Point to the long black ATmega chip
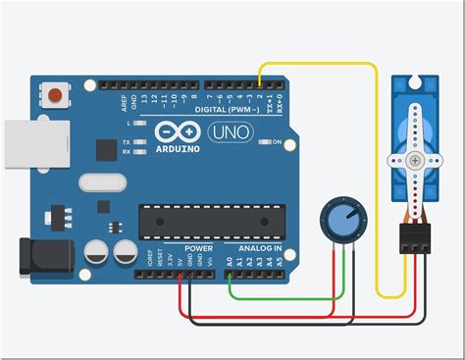coord(211,222)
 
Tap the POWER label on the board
coord(197,249)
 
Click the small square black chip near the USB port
coord(105,149)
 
